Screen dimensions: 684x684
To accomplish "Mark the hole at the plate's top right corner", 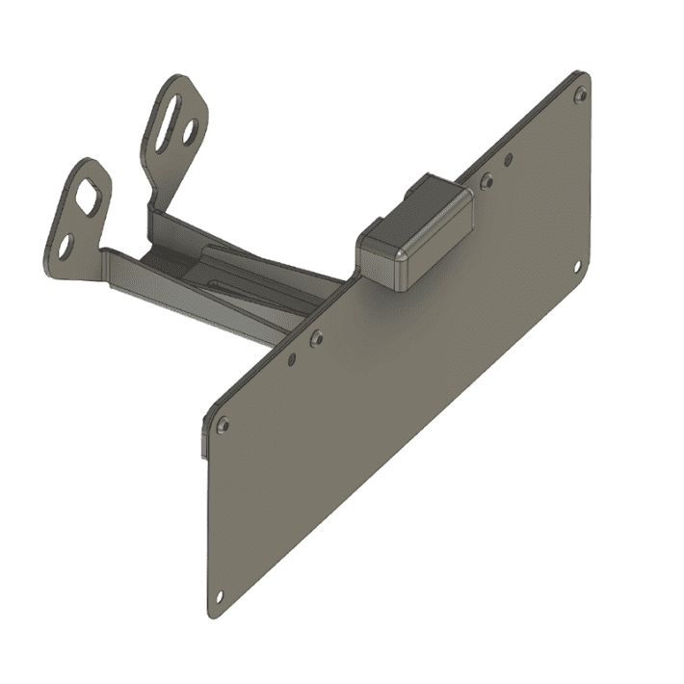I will (580, 94).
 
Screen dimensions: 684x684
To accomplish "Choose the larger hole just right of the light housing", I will (487, 179).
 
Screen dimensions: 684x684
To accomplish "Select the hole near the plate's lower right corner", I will (578, 267).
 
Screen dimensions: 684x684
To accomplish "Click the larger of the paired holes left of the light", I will (316, 337).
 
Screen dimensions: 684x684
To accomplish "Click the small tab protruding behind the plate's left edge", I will (203, 438).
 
